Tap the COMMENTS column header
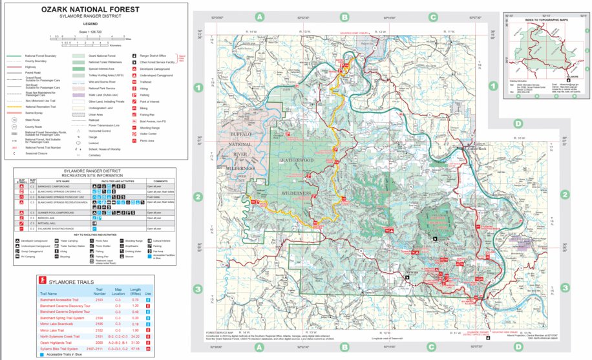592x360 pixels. click(x=161, y=181)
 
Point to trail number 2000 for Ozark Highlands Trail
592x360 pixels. click(x=99, y=343)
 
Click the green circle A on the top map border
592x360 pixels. click(x=259, y=17)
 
